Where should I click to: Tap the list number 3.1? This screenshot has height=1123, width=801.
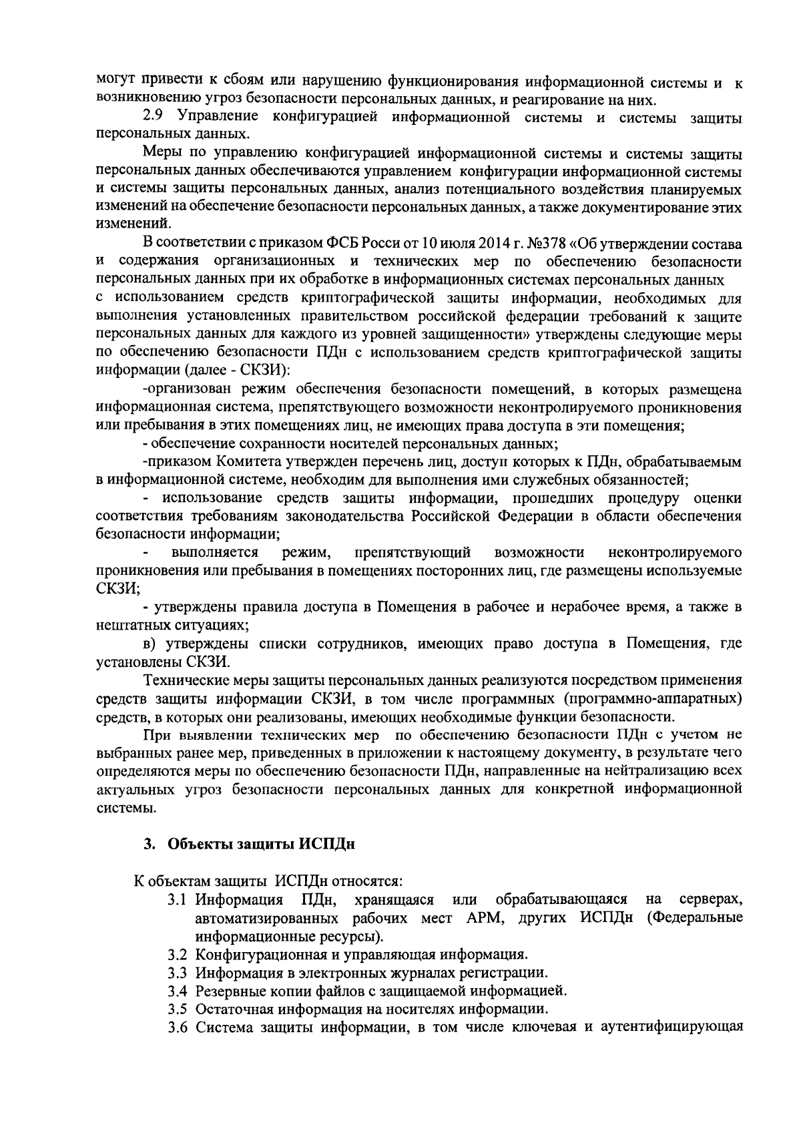[178, 900]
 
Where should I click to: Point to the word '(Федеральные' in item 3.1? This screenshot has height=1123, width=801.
[696, 918]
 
